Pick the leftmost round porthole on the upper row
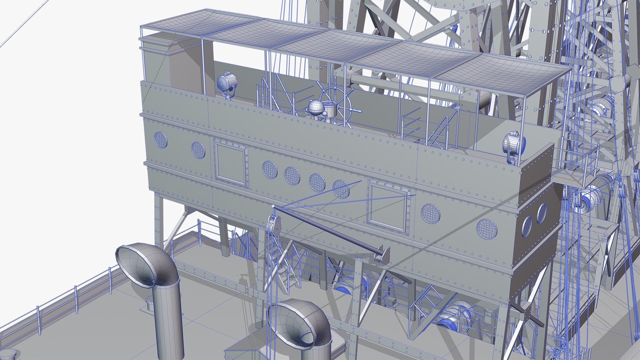[160, 140]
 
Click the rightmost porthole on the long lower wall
[487, 229]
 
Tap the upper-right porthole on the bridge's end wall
[541, 213]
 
